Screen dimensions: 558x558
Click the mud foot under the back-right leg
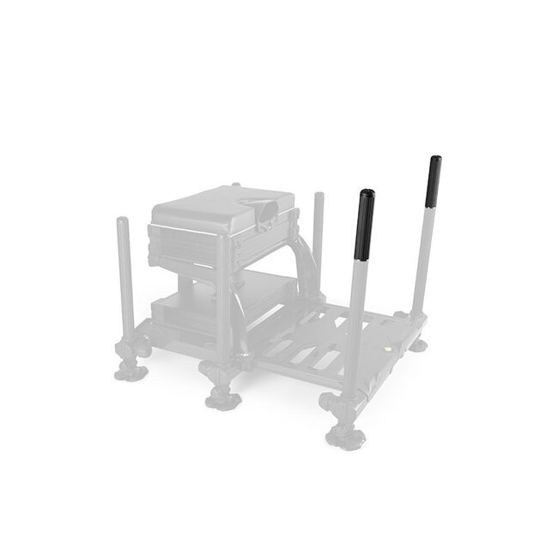(418, 345)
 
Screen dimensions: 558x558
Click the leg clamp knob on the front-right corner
(331, 402)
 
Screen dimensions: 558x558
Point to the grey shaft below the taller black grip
(421, 258)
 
